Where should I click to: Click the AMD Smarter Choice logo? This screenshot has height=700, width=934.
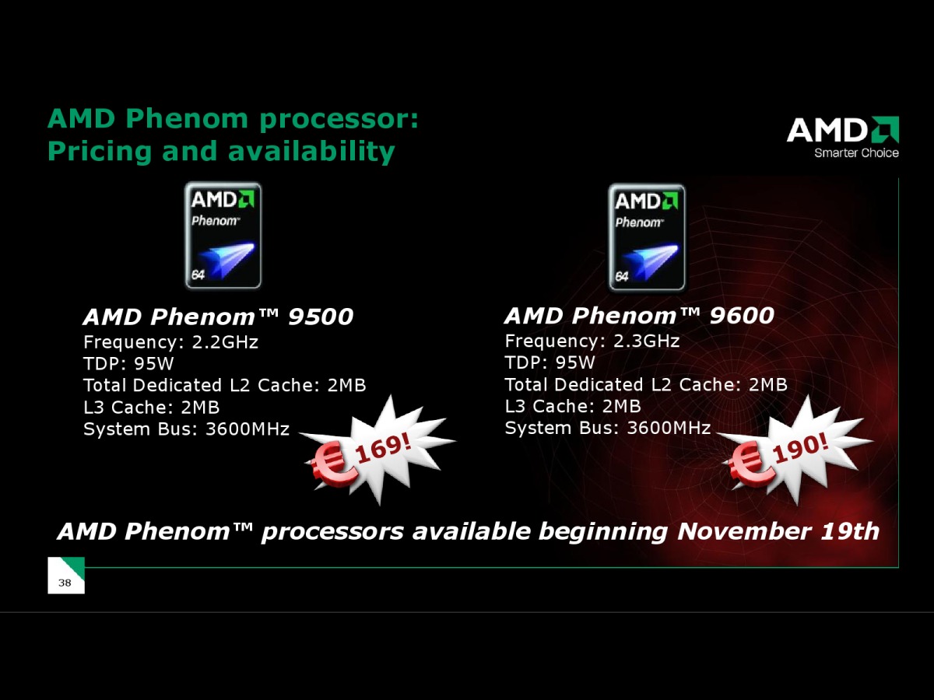(842, 138)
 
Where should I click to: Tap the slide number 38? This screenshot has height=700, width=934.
(65, 583)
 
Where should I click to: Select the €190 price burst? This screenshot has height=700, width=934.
(795, 450)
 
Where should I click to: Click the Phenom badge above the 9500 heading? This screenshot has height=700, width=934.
(223, 236)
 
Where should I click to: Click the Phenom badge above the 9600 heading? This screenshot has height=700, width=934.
(647, 237)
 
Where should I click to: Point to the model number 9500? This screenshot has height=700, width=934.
(321, 317)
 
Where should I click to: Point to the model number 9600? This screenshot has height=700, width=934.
(742, 316)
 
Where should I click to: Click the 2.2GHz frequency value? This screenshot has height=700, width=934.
(225, 342)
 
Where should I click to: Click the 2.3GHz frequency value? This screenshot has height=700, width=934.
(646, 341)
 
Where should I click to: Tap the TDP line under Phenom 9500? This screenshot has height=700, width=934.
(128, 364)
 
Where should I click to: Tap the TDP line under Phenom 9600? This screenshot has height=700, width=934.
(550, 362)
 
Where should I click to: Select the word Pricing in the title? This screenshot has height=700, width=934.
(100, 152)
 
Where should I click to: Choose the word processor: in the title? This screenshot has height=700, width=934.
(339, 120)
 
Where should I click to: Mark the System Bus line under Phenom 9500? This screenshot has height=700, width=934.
(186, 429)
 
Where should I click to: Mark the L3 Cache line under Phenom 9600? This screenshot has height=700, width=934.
(573, 406)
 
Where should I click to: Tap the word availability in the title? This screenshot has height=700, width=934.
(311, 152)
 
